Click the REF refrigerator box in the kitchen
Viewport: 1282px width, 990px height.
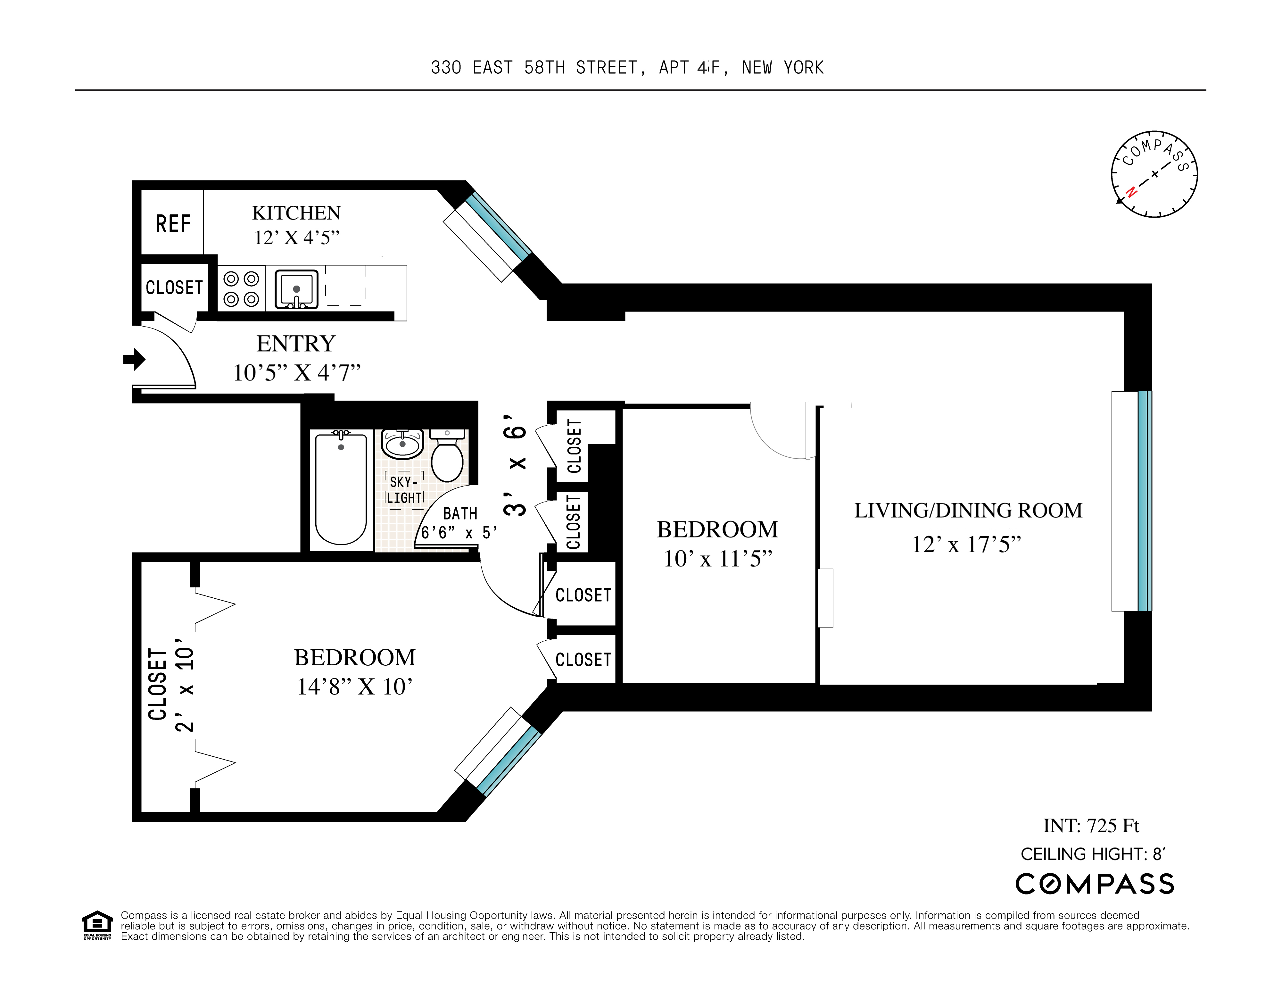tap(173, 223)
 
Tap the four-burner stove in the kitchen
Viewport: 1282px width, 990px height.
tap(241, 289)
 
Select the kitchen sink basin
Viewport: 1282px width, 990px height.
tap(296, 289)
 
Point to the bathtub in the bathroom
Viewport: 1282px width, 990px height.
tap(341, 488)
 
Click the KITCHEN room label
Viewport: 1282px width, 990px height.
tap(296, 212)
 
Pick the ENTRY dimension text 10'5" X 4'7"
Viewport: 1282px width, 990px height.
tap(296, 373)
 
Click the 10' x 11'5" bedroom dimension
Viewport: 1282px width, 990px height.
tap(717, 558)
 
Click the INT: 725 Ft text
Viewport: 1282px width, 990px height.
tap(1091, 826)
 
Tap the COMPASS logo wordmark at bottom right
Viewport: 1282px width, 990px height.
tap(1095, 884)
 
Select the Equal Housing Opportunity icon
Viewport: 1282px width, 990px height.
tap(97, 925)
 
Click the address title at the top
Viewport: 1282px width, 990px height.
tap(627, 68)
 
